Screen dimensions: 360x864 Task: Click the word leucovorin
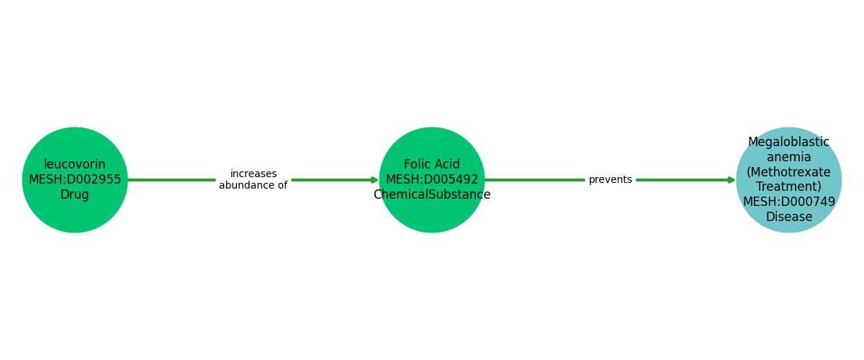coord(75,165)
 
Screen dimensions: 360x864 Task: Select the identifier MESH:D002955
coord(75,180)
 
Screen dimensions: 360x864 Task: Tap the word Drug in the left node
coord(75,195)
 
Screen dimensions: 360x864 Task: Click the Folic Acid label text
coord(432,165)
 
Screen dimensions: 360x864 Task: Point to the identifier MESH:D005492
coord(432,180)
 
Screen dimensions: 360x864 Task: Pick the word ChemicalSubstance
coord(432,195)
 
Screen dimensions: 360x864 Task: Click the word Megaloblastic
coord(788,143)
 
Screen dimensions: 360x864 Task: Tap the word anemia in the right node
coord(788,157)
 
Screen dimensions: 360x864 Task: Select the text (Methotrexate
coord(788,172)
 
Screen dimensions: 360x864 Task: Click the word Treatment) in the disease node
coord(788,187)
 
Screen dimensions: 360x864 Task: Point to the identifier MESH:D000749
coord(788,202)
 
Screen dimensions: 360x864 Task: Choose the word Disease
coord(788,217)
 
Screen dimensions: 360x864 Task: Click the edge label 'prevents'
coord(610,180)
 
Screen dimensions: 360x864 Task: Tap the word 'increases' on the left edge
coord(253,174)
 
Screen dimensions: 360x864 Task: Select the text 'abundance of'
coord(253,186)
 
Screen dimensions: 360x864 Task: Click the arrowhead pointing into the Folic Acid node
coord(374,180)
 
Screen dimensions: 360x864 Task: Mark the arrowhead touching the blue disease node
coord(732,180)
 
